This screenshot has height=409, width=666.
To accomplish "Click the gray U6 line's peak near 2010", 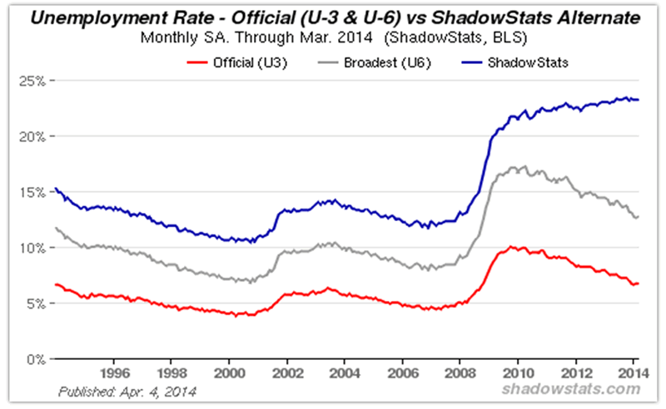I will pos(522,167).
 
